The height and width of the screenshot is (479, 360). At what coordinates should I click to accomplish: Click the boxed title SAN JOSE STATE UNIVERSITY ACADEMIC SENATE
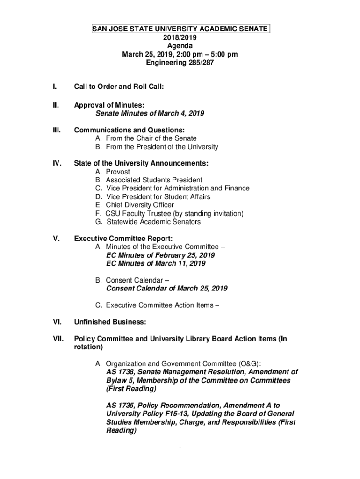180,29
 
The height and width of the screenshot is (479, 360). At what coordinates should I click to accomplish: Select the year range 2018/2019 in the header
180,38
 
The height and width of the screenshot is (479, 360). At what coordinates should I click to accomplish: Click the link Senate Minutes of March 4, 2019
150,114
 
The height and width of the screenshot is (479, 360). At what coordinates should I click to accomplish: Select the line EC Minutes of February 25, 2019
160,255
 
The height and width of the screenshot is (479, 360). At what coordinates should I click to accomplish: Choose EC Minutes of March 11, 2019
156,264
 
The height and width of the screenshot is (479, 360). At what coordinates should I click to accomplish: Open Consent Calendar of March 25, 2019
167,289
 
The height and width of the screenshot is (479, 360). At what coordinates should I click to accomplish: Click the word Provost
118,172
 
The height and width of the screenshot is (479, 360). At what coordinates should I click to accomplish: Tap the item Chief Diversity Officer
140,205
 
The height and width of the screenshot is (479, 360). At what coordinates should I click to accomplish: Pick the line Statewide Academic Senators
153,222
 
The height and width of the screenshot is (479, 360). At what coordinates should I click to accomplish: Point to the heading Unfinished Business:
110,322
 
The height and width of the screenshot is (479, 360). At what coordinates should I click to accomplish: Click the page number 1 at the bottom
180,445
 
